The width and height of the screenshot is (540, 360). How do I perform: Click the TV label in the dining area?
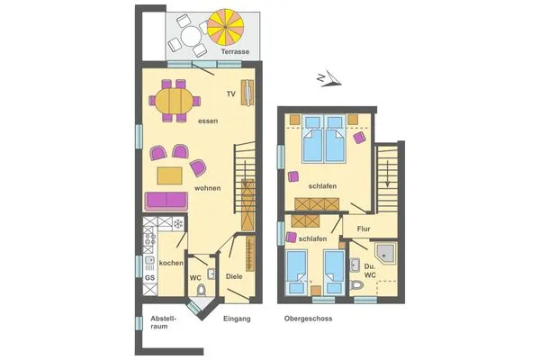pyautogui.click(x=230, y=94)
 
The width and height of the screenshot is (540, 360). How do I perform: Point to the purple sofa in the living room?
pyautogui.click(x=166, y=200)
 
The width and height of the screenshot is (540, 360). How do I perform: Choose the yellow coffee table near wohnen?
pyautogui.click(x=170, y=174)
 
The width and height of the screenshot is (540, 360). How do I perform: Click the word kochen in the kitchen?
pyautogui.click(x=171, y=263)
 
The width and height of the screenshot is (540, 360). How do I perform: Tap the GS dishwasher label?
pyautogui.click(x=149, y=278)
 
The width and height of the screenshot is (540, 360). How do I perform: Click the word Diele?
pyautogui.click(x=234, y=277)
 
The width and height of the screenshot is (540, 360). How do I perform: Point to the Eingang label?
pyautogui.click(x=236, y=319)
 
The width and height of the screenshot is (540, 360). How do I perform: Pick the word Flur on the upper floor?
pyautogui.click(x=363, y=229)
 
